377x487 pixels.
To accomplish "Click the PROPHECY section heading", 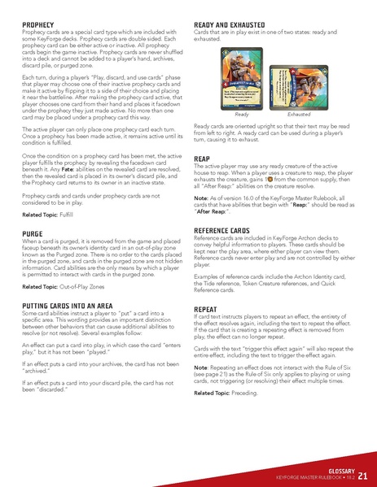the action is tap(39, 25).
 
